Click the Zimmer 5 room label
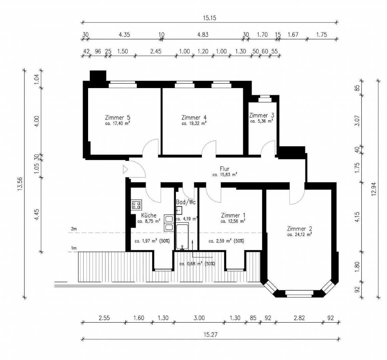click(117, 118)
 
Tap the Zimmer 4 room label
click(194, 118)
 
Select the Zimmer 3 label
click(261, 115)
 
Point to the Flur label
click(225, 169)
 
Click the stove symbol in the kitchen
click(136, 204)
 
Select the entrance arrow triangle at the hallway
click(125, 169)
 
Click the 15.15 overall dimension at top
click(210, 18)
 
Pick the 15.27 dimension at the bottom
click(211, 335)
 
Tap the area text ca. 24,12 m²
click(299, 235)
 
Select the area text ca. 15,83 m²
click(225, 175)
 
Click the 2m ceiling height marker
click(74, 229)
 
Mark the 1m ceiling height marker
click(74, 248)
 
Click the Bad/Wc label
click(186, 202)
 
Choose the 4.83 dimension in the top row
click(203, 35)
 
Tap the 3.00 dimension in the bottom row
click(199, 318)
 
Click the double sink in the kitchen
click(169, 223)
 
